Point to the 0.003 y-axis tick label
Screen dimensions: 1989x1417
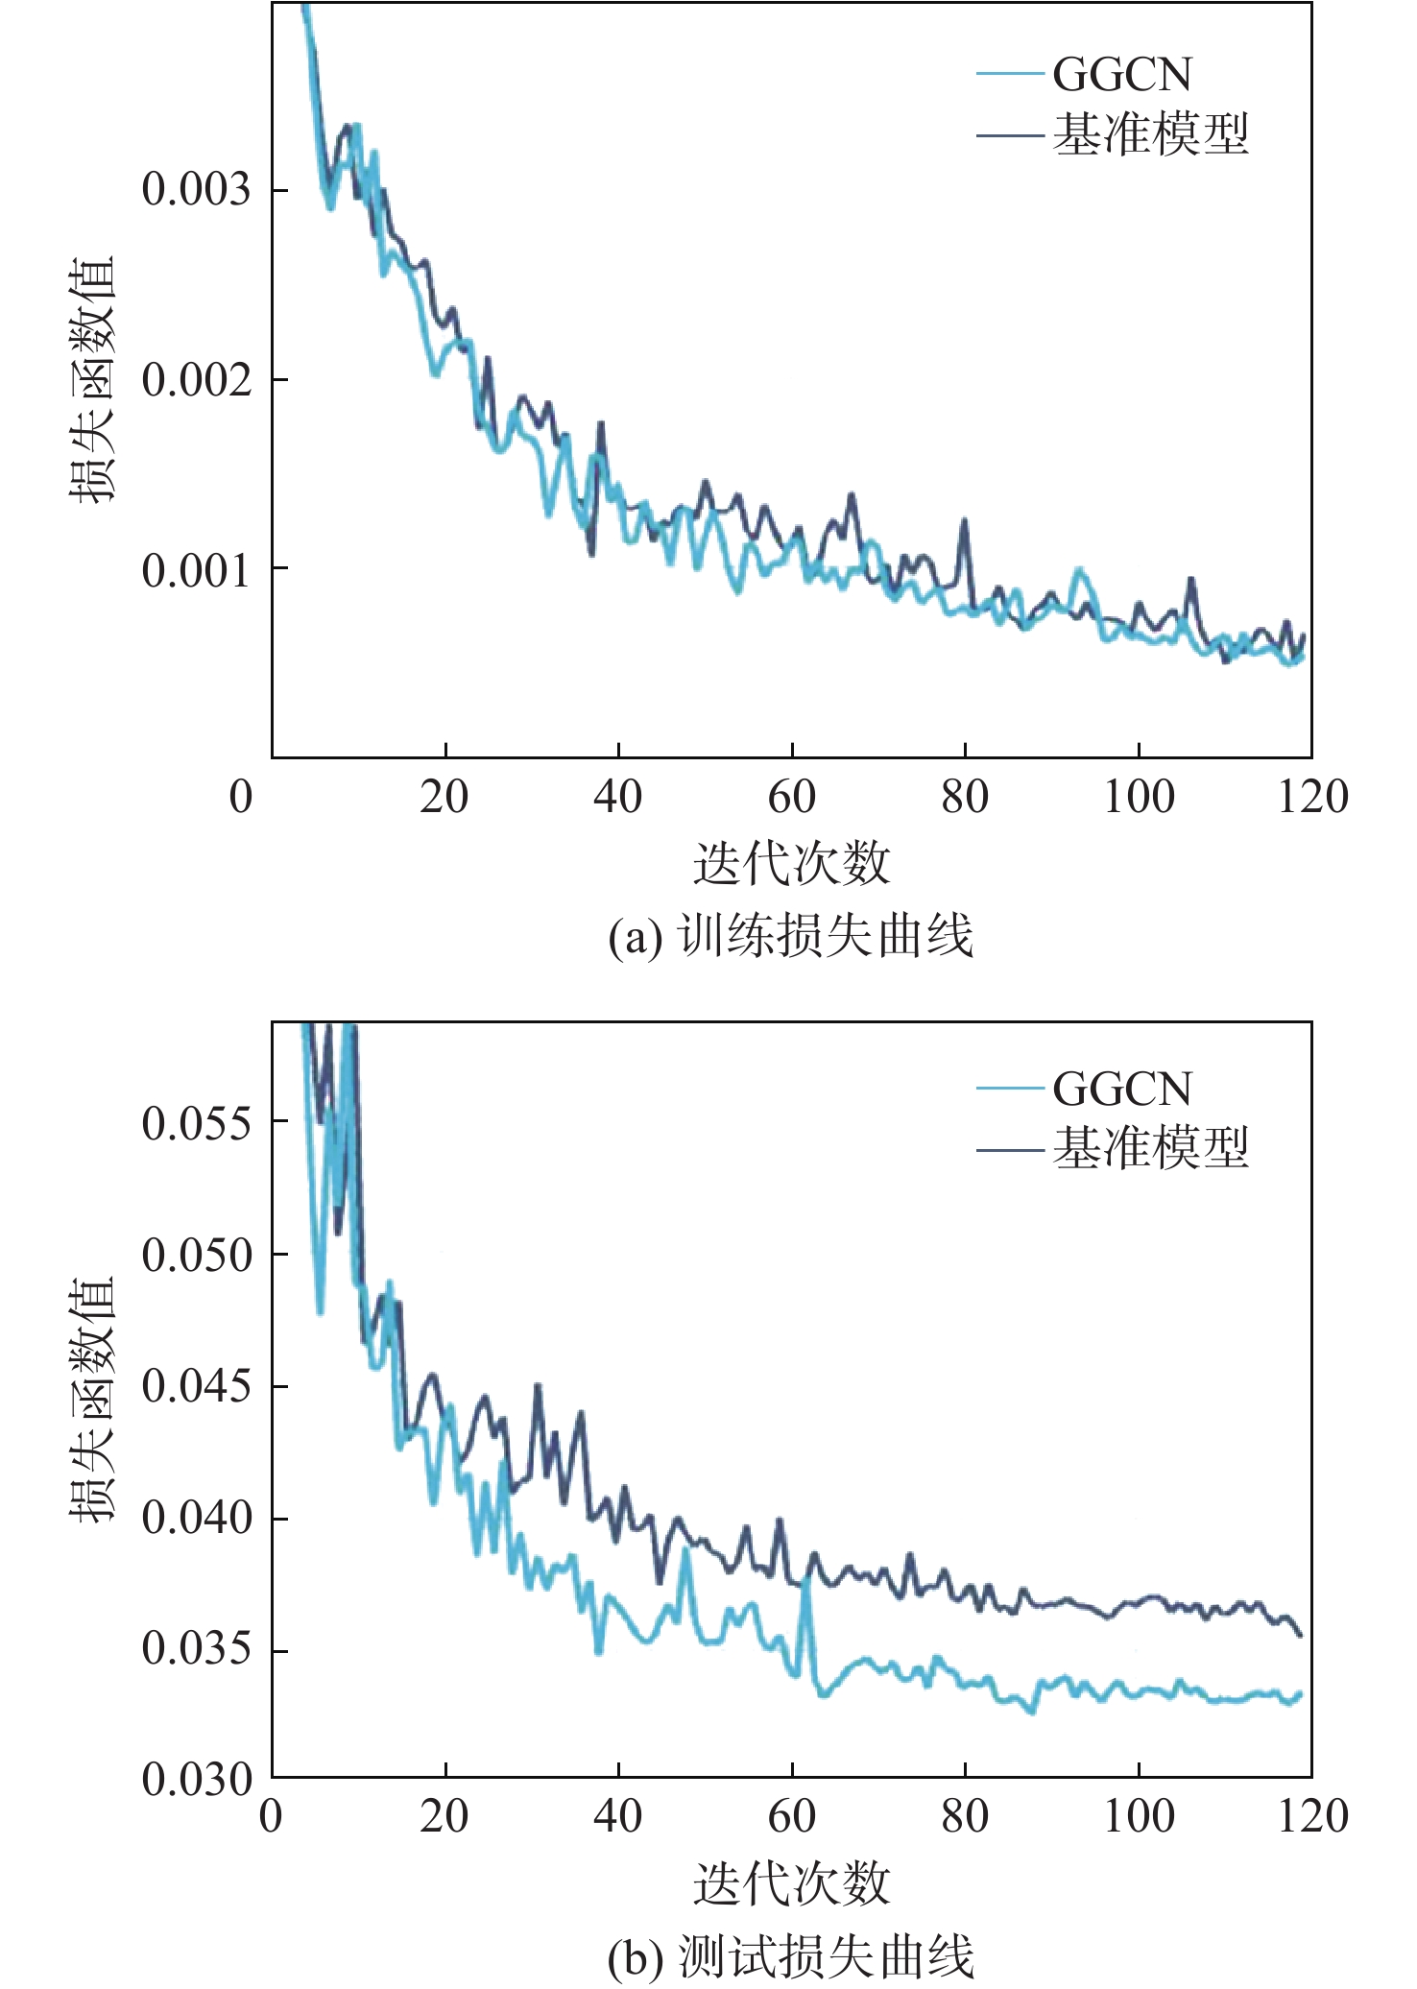click(196, 189)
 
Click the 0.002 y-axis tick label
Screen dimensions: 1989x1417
click(196, 380)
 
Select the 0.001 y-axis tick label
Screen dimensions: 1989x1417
click(196, 571)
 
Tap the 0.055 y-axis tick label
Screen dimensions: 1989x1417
click(196, 1123)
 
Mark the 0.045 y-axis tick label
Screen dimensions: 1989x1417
click(196, 1387)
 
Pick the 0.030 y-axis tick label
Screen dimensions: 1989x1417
click(196, 1781)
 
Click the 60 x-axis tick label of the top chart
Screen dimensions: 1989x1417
click(792, 797)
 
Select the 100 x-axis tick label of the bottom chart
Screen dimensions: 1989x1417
click(1139, 1816)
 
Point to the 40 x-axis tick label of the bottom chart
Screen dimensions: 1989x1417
click(618, 1816)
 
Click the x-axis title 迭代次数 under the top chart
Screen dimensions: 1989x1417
click(792, 863)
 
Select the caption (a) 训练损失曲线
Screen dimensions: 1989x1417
click(791, 937)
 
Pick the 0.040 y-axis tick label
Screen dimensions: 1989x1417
click(196, 1519)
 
